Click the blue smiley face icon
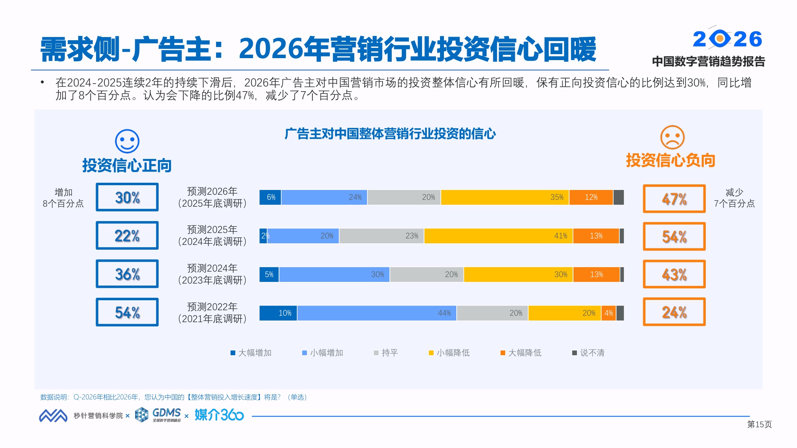(x=127, y=141)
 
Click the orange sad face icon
(x=672, y=137)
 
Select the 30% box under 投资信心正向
(x=127, y=197)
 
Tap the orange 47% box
(x=674, y=199)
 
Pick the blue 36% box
(x=127, y=274)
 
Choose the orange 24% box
(x=674, y=312)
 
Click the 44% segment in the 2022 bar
(x=377, y=313)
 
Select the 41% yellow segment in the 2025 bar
(x=498, y=236)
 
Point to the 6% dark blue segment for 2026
(x=270, y=197)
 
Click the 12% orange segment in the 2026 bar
(x=591, y=197)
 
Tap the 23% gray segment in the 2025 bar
(x=381, y=236)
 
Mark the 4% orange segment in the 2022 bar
(x=609, y=313)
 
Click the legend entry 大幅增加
(x=251, y=353)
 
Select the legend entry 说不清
(x=588, y=353)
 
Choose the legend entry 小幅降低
(x=449, y=353)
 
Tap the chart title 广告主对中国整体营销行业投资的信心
(x=390, y=134)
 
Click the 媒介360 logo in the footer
(x=219, y=415)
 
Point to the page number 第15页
(x=759, y=425)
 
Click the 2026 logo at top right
(x=727, y=39)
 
